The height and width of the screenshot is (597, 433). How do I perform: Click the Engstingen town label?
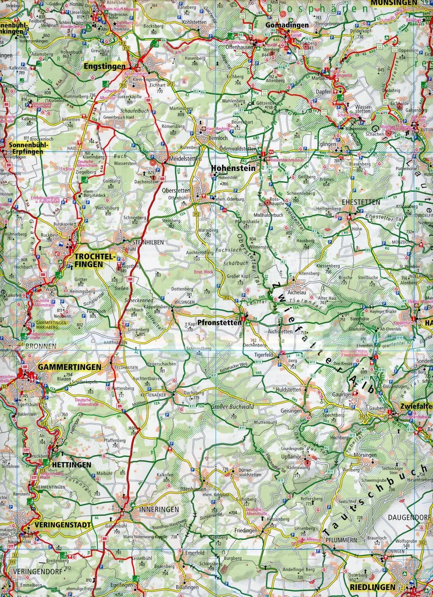point(110,66)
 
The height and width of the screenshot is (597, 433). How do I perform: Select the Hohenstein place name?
point(233,168)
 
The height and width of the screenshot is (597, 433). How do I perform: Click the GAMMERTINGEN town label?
point(69,367)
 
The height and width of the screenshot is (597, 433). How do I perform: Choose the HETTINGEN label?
point(71,464)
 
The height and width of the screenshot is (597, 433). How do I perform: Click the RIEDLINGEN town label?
point(373,587)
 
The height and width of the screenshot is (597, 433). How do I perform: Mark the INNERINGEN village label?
point(153,509)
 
